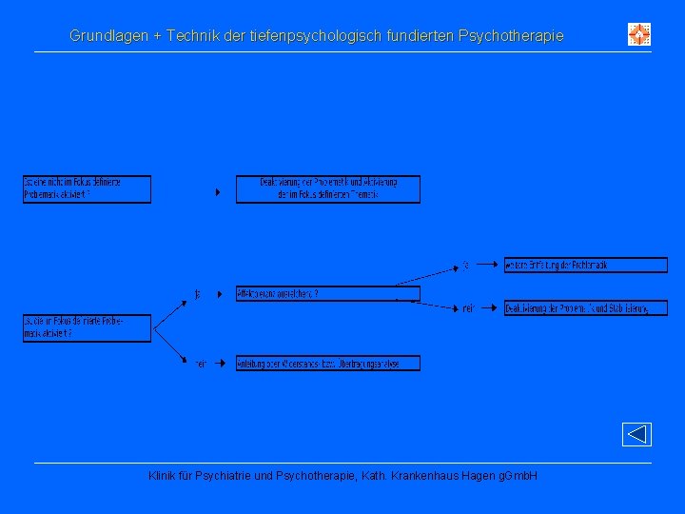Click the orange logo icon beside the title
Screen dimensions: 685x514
pyautogui.click(x=639, y=35)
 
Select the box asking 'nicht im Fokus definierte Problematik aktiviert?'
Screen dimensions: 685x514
pyautogui.click(x=87, y=188)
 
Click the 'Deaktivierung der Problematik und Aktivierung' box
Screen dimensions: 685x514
pyautogui.click(x=327, y=188)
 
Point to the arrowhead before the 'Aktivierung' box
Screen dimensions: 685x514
pyautogui.click(x=218, y=192)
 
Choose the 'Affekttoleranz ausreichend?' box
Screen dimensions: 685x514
pyautogui.click(x=327, y=293)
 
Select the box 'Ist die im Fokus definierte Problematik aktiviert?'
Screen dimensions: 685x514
pyautogui.click(x=87, y=328)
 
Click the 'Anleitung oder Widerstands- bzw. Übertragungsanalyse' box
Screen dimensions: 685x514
pyautogui.click(x=327, y=363)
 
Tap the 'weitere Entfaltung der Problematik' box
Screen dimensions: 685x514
pyautogui.click(x=585, y=266)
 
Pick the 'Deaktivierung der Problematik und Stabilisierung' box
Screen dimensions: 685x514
pyautogui.click(x=585, y=308)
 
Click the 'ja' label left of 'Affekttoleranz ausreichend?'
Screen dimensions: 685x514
pyautogui.click(x=198, y=294)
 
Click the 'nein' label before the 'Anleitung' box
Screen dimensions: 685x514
pyautogui.click(x=201, y=364)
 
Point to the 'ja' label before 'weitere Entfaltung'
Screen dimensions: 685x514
pyautogui.click(x=466, y=266)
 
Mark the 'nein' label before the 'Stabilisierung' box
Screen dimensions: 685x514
pyautogui.click(x=468, y=308)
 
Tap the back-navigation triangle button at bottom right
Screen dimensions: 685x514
pyautogui.click(x=636, y=435)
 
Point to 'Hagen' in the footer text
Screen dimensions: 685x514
pyautogui.click(x=475, y=475)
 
